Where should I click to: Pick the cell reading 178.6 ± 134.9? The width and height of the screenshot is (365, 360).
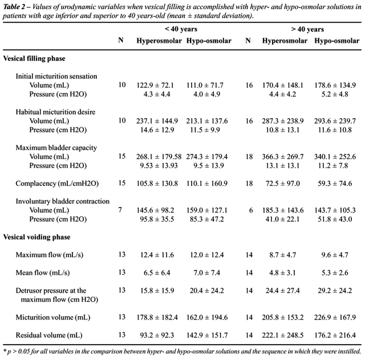(x=335, y=84)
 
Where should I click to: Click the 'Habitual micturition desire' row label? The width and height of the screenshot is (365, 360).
(x=56, y=112)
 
